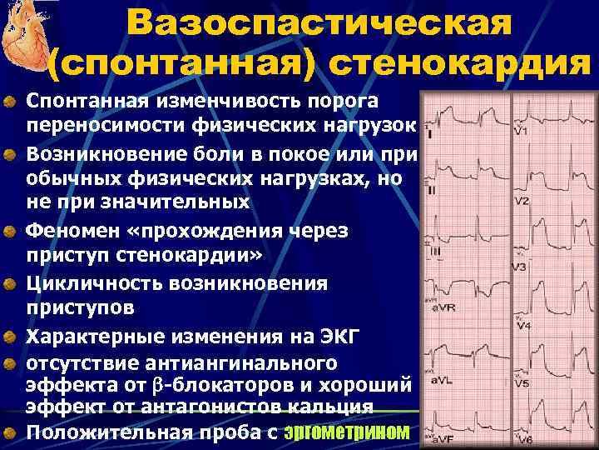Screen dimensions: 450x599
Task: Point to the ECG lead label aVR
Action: coord(443,308)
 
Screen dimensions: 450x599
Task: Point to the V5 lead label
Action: coord(522,384)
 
